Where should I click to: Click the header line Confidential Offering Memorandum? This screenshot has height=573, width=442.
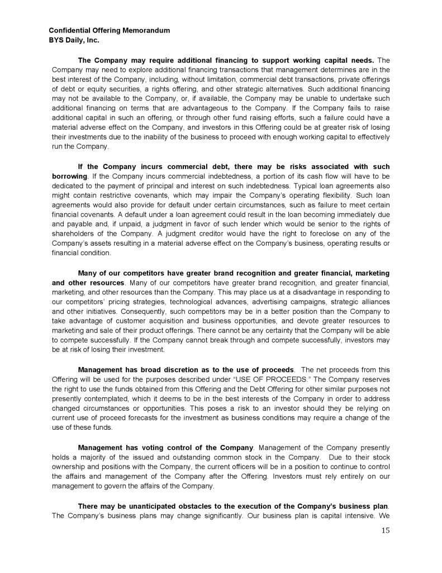[x=110, y=30]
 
